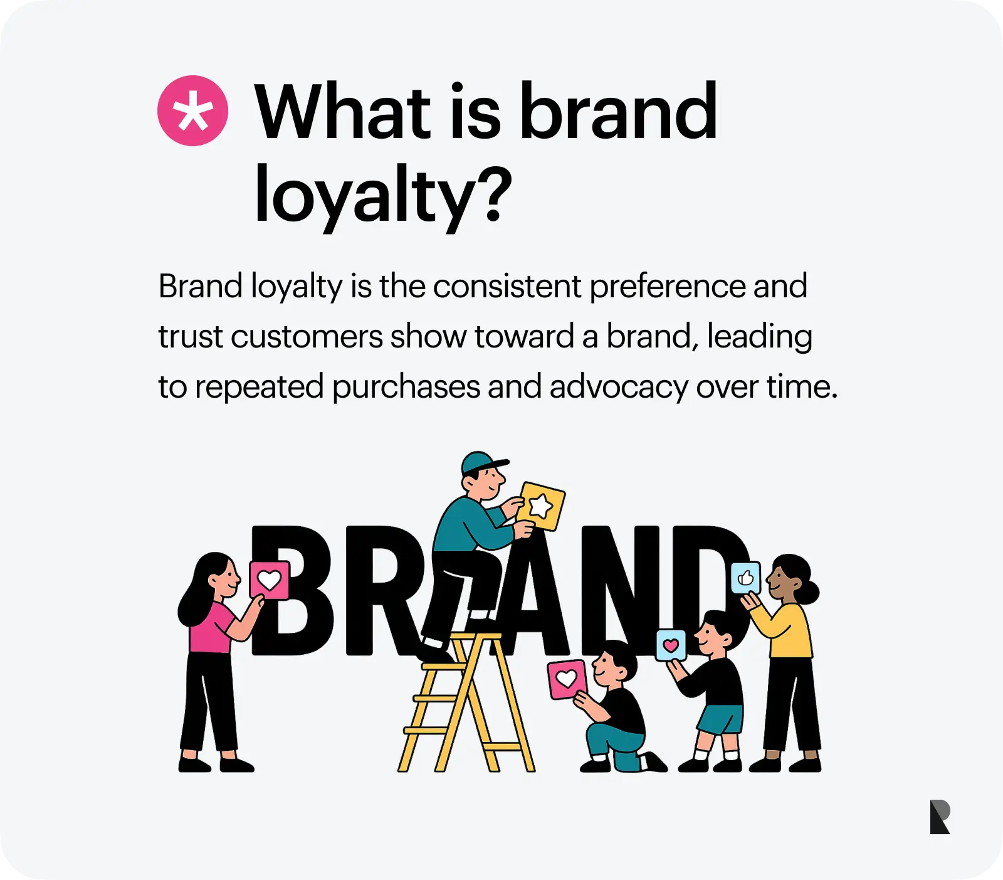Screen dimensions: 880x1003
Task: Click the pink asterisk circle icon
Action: tap(192, 111)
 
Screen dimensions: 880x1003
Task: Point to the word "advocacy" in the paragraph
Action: tap(619, 387)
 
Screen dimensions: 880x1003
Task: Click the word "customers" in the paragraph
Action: tap(307, 337)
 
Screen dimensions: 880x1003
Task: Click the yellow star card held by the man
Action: tap(541, 506)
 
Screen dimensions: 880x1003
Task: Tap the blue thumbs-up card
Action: tap(745, 577)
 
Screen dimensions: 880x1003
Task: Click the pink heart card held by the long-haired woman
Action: tap(270, 580)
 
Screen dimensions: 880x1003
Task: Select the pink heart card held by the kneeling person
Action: tap(567, 679)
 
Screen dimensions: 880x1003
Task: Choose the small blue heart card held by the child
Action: tap(671, 645)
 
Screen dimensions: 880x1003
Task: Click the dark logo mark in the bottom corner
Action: tap(940, 817)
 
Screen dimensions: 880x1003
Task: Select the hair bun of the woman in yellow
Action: tap(810, 592)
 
